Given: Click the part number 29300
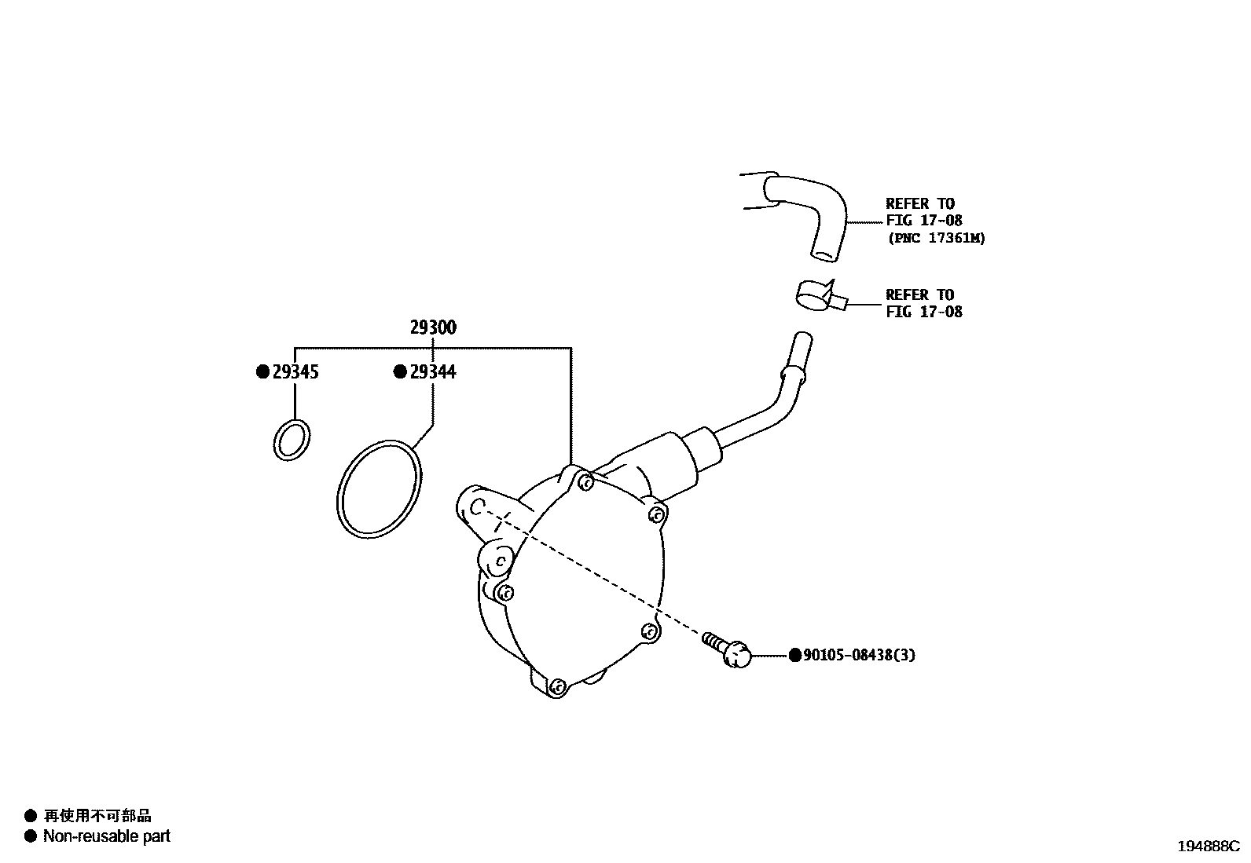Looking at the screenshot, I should pyautogui.click(x=432, y=328).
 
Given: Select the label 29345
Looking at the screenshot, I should pyautogui.click(x=295, y=372).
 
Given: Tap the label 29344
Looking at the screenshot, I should pyautogui.click(x=432, y=372).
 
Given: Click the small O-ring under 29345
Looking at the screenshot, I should pyautogui.click(x=292, y=440).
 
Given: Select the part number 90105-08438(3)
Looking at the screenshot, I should pyautogui.click(x=859, y=655).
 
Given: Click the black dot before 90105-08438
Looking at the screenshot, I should pyautogui.click(x=794, y=655).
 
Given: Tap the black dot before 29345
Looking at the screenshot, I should pyautogui.click(x=263, y=372).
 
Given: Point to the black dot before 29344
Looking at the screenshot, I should pyautogui.click(x=400, y=372).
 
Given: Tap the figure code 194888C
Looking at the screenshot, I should pyautogui.click(x=1207, y=847).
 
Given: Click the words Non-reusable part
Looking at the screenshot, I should pyautogui.click(x=106, y=837).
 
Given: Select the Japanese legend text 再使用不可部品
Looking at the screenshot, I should pyautogui.click(x=97, y=817).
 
